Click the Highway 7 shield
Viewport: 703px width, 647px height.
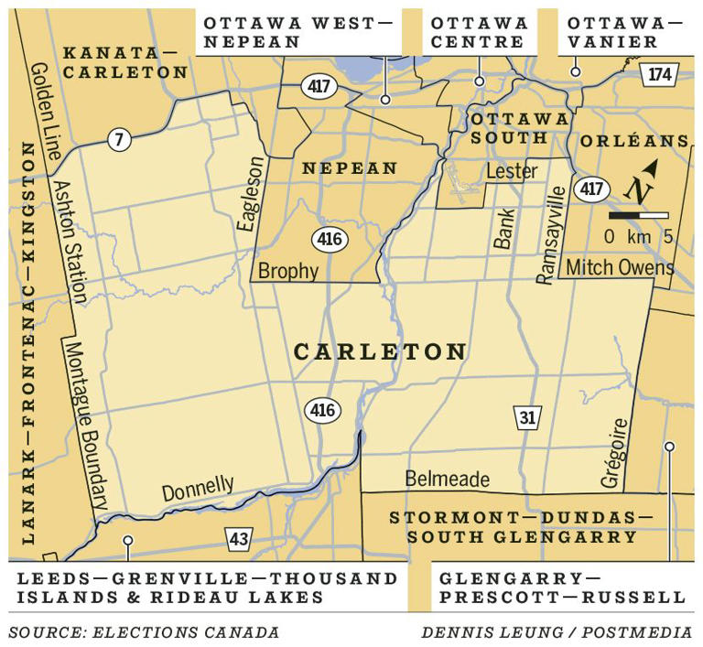120,140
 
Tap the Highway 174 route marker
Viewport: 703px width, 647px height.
658,75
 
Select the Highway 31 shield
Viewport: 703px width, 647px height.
527,417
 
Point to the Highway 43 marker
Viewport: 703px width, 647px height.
238,539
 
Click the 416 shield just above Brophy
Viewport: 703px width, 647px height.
329,240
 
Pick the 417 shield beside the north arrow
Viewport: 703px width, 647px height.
590,189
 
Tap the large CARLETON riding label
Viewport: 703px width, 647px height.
380,352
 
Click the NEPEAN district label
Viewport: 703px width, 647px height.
350,168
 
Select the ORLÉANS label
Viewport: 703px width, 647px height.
633,141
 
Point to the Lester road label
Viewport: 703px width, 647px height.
512,171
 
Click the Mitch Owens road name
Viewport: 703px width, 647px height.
620,267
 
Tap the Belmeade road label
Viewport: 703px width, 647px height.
448,480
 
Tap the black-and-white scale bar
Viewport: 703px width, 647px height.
639,215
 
